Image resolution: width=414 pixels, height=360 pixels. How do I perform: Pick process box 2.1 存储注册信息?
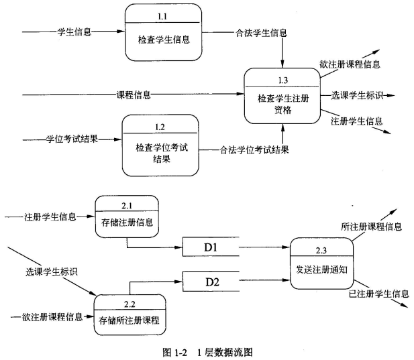pyautogui.click(x=127, y=216)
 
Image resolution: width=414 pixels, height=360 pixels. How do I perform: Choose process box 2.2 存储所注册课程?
pyautogui.click(x=130, y=314)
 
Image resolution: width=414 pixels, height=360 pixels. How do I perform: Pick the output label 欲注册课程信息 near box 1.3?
pyautogui.click(x=350, y=64)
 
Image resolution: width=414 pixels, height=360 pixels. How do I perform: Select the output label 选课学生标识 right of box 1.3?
pyautogui.click(x=357, y=95)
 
